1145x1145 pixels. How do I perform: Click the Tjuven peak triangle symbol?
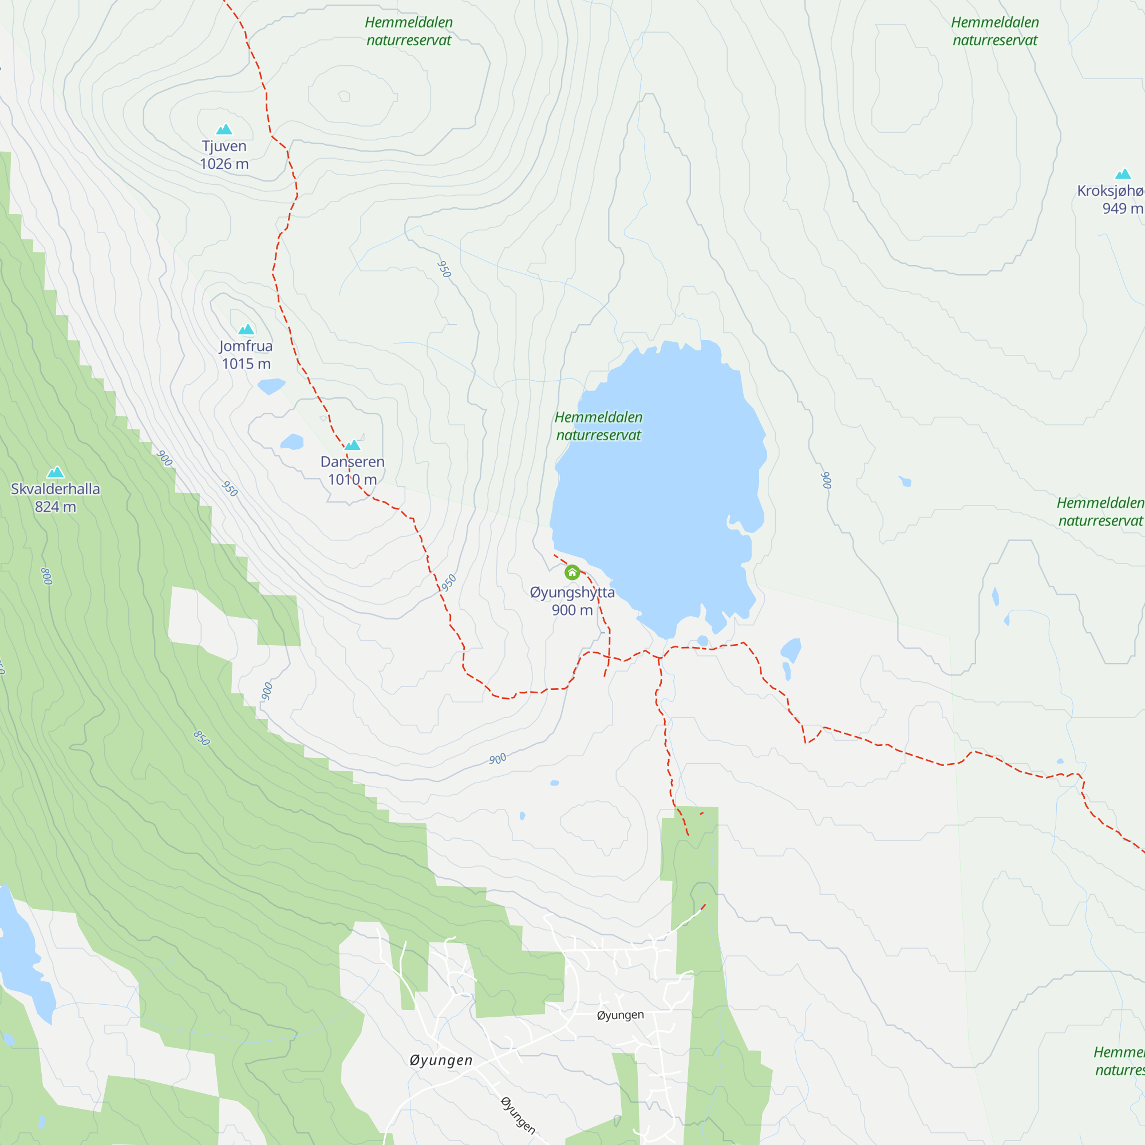224,129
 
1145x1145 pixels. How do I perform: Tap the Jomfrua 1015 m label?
246,354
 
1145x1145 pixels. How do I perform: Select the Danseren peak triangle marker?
353,445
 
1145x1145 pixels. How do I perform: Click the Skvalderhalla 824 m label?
55,498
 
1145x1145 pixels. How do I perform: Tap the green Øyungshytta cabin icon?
572,572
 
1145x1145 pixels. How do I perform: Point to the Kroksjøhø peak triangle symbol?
1123,174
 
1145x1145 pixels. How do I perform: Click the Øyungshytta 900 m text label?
572,601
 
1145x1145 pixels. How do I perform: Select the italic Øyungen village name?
441,1060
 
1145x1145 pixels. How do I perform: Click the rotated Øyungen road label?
518,1115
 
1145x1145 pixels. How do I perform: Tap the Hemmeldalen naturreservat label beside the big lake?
599,426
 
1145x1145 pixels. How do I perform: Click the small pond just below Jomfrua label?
271,386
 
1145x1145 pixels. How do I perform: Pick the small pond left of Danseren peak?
292,442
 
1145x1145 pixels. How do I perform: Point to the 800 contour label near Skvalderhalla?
47,576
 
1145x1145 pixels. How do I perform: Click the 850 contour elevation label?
202,738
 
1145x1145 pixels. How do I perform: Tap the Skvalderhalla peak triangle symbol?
56,472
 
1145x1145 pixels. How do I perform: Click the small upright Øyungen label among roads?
620,1015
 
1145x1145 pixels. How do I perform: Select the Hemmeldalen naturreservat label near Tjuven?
408,31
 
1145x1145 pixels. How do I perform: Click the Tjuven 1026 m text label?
224,155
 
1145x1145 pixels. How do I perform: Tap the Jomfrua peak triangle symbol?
246,330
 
